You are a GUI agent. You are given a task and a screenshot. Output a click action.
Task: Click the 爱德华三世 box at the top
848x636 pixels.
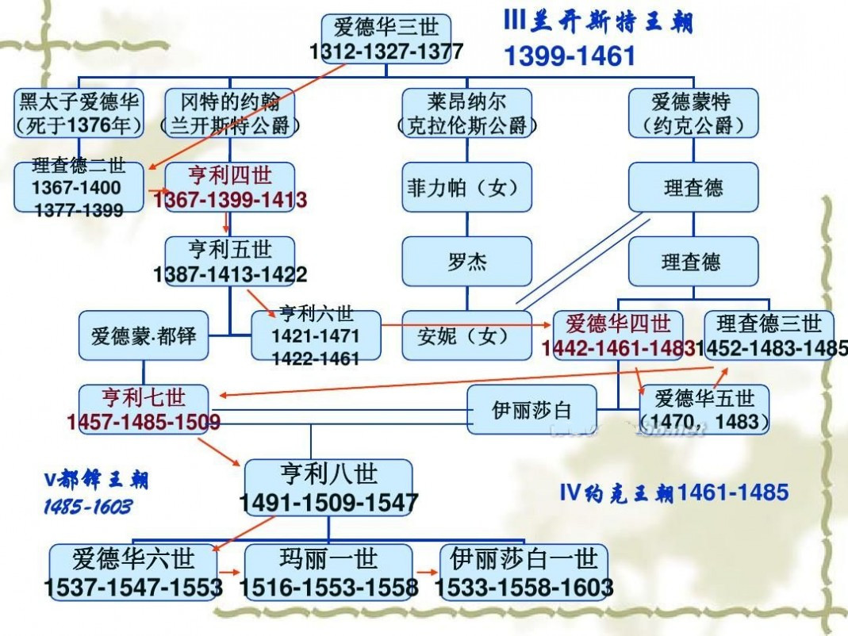(x=386, y=39)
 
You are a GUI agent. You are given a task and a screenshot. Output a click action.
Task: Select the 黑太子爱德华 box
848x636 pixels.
(x=79, y=113)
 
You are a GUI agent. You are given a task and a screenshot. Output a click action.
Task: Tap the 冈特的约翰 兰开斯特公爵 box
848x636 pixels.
(x=230, y=113)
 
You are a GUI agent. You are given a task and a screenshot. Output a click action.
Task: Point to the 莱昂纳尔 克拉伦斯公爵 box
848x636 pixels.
(x=467, y=113)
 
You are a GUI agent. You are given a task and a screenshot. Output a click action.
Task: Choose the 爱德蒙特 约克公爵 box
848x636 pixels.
(x=693, y=113)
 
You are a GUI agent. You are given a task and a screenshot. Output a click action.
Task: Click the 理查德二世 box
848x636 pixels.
(x=79, y=187)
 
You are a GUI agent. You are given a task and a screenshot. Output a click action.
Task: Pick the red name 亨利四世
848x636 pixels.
(x=230, y=175)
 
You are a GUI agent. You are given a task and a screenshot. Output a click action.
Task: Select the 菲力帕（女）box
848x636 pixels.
(x=467, y=187)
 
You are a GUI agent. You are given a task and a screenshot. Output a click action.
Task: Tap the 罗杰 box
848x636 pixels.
(x=467, y=261)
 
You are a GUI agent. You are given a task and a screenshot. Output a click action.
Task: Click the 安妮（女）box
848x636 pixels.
(x=467, y=335)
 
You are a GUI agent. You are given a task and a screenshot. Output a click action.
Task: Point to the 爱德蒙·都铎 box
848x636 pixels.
(x=144, y=335)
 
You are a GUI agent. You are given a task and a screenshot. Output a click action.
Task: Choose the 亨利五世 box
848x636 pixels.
(x=230, y=261)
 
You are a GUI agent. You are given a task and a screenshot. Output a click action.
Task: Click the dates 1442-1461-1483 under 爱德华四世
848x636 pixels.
(x=618, y=348)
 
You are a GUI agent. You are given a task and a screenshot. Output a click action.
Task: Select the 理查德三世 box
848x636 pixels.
(x=769, y=335)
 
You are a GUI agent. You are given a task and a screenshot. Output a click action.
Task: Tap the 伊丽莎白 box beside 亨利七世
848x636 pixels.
(x=532, y=409)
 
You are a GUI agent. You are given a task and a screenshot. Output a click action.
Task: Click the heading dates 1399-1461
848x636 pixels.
(x=570, y=56)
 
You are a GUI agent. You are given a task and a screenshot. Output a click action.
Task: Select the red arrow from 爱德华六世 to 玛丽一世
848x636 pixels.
(x=229, y=573)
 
